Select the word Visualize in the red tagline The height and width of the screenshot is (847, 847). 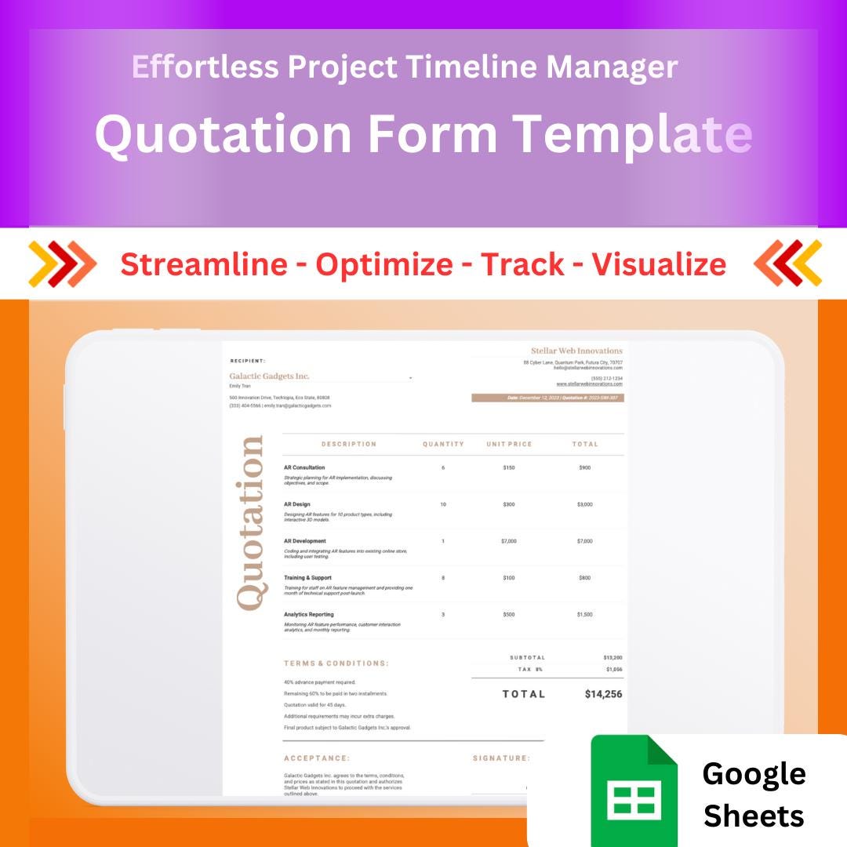[659, 264]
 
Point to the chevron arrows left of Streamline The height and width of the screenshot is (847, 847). [62, 264]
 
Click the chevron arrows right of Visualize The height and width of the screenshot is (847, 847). [787, 264]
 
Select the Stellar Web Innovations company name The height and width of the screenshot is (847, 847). [576, 351]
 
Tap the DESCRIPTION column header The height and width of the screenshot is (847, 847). [349, 444]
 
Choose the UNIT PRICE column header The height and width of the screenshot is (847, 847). [509, 444]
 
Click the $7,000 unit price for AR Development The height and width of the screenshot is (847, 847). [509, 541]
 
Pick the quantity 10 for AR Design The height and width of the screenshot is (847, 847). [443, 504]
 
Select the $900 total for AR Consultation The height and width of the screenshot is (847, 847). [585, 467]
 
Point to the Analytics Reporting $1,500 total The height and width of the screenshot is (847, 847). [585, 615]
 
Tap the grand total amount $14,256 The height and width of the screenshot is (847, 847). [603, 694]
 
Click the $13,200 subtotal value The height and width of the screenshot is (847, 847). [612, 658]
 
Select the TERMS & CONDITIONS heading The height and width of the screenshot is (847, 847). [336, 663]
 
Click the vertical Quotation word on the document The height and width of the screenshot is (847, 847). [250, 523]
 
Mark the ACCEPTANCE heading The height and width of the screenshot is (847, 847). [317, 758]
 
